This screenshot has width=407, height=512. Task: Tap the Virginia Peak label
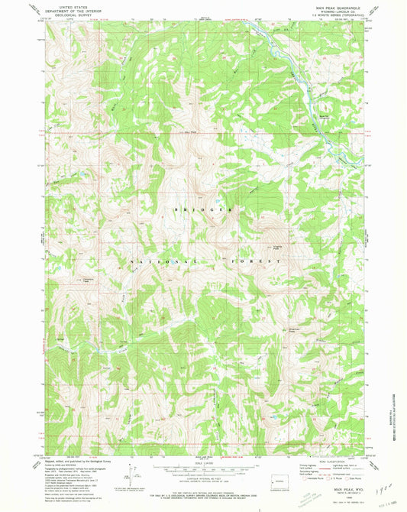tap(271, 247)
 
